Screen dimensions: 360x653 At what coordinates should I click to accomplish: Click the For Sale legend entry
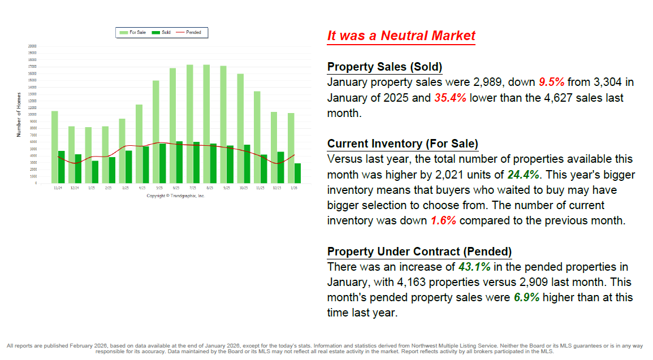click(133, 33)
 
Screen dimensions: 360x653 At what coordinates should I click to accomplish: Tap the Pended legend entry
click(189, 33)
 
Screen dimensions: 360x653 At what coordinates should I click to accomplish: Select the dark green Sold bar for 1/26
click(297, 173)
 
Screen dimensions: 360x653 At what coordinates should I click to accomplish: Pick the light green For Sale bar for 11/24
click(54, 146)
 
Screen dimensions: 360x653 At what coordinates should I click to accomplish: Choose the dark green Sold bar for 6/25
click(179, 162)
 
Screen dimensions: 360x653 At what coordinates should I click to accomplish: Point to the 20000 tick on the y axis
click(32, 46)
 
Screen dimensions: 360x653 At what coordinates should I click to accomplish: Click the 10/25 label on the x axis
click(243, 188)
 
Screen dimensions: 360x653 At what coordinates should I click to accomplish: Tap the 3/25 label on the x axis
click(125, 188)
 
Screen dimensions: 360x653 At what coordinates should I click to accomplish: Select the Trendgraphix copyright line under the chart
click(175, 196)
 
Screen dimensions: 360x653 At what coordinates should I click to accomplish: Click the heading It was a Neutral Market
click(401, 36)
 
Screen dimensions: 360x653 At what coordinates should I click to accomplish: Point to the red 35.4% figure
click(450, 98)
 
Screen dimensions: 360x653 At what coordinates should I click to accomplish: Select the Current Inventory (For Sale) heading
click(403, 144)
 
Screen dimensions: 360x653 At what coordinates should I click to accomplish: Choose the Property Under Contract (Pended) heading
click(420, 251)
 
